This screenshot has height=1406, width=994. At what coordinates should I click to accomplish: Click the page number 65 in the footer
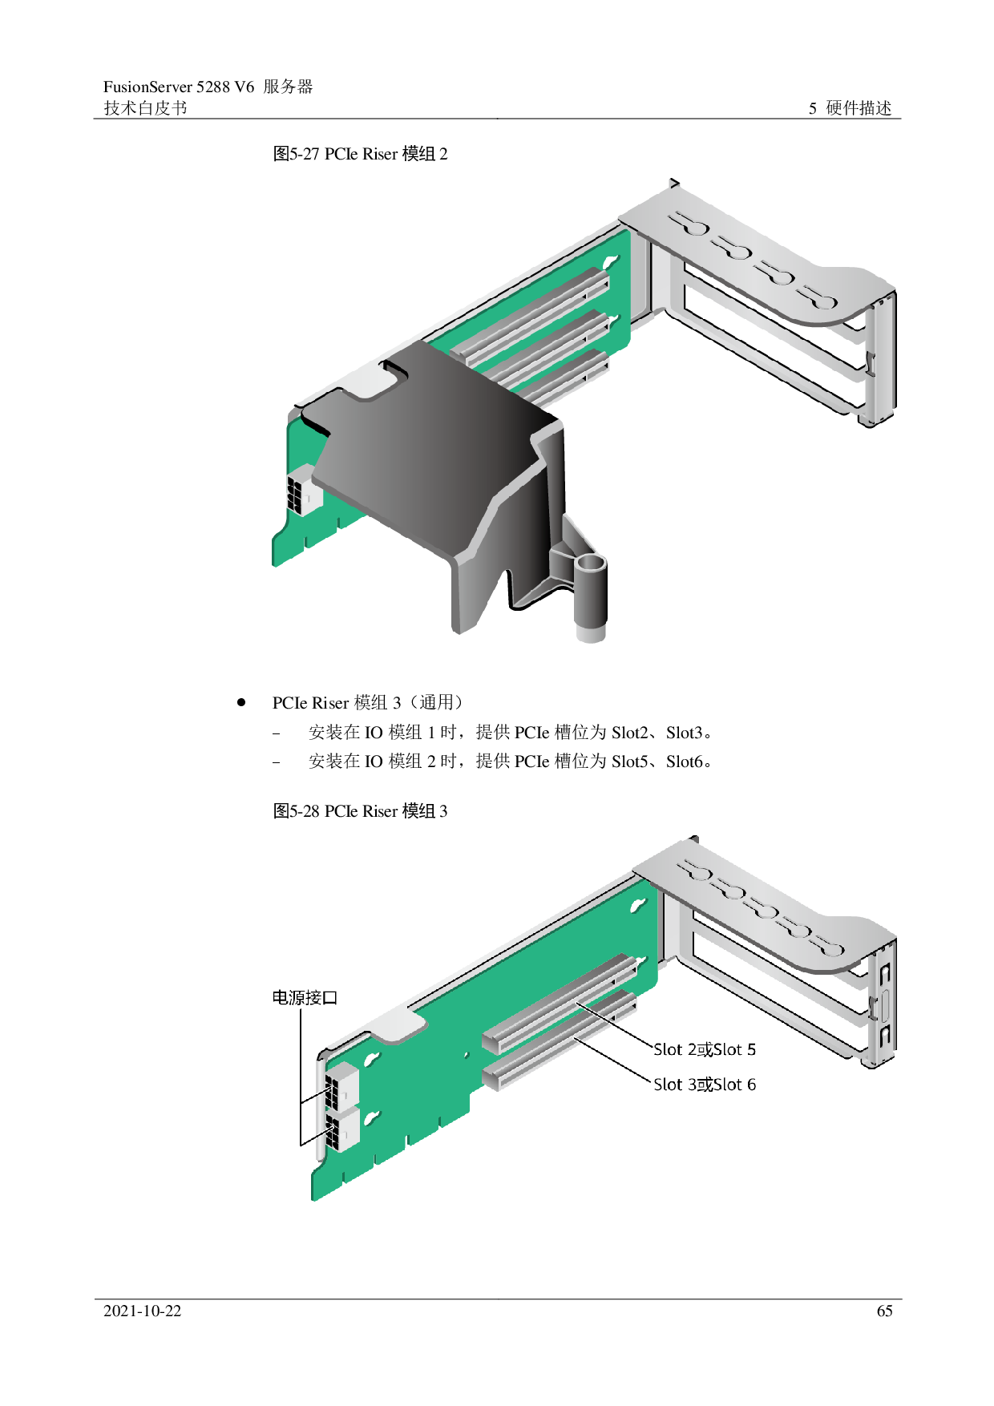coord(884,1311)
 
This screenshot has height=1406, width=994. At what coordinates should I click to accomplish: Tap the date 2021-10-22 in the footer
coord(143,1311)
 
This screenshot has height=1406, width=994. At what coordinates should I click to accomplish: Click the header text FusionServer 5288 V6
coord(179,87)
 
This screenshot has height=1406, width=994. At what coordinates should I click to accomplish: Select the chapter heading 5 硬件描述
coord(850,108)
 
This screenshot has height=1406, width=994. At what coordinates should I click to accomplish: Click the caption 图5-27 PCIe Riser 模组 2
coord(360,154)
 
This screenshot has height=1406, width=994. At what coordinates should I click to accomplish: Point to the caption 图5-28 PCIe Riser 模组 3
coord(360,811)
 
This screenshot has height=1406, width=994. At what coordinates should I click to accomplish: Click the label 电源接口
coord(305,997)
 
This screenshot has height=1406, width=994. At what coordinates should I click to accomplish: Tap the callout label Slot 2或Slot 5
coord(705,1049)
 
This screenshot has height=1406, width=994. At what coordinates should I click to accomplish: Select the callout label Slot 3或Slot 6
coord(705,1085)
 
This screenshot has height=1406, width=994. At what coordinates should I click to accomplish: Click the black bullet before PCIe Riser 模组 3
coord(241,702)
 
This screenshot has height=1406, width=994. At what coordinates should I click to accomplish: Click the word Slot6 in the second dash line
coord(685,762)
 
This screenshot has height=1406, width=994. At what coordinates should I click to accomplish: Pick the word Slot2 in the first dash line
coord(630,733)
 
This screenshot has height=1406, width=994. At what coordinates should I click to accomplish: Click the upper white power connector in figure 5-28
coord(341,1086)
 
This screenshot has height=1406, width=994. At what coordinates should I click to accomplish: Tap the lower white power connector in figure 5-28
coord(342,1129)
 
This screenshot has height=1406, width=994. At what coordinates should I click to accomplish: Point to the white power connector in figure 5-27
coord(305,489)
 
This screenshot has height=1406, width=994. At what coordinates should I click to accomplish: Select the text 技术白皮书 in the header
coord(145,108)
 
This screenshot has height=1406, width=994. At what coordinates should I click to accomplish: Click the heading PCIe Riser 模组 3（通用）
coord(368,703)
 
